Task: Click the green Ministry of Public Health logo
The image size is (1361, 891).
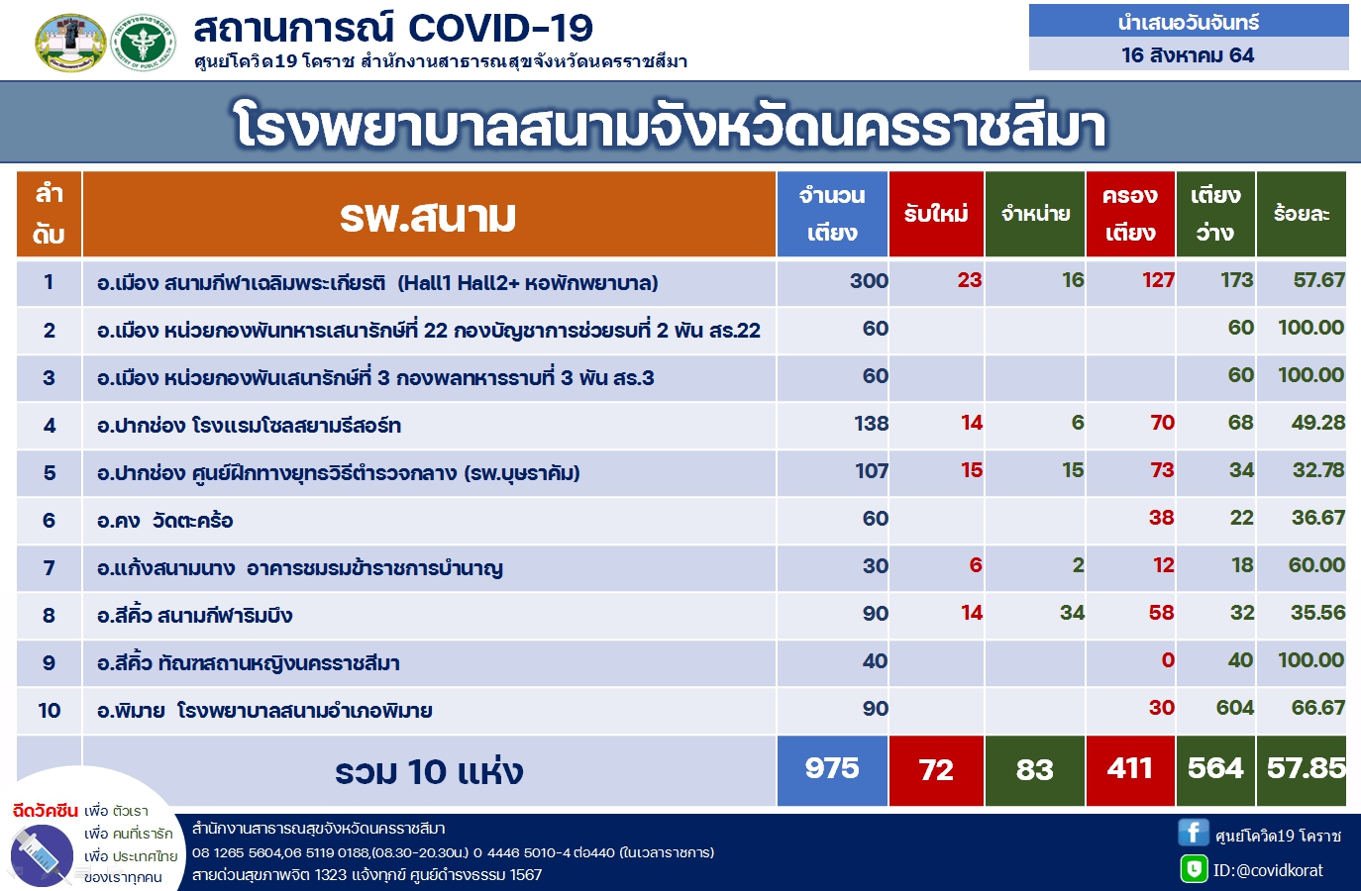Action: [x=144, y=43]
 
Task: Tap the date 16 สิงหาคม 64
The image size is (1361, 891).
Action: [x=1188, y=55]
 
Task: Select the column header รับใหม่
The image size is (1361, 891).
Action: [x=936, y=214]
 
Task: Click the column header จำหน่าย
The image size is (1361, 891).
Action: [x=1035, y=214]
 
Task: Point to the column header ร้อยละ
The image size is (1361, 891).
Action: [x=1302, y=214]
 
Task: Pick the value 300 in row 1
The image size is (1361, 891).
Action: [x=869, y=280]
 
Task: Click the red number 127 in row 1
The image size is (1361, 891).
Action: [x=1158, y=280]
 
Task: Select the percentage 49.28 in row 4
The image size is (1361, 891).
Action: [x=1317, y=423]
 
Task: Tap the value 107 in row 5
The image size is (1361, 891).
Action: [x=872, y=470]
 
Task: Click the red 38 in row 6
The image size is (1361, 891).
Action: [x=1161, y=518]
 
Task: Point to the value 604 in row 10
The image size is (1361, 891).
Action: [x=1234, y=708]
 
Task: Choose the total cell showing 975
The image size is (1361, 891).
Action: [x=832, y=769]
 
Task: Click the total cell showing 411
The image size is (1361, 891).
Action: [x=1129, y=769]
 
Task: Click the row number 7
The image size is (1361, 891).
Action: [x=50, y=568]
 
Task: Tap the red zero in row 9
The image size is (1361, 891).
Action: [x=1167, y=660]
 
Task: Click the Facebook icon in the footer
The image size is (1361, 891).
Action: [x=1194, y=832]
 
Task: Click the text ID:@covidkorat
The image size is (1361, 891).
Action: [x=1268, y=871]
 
